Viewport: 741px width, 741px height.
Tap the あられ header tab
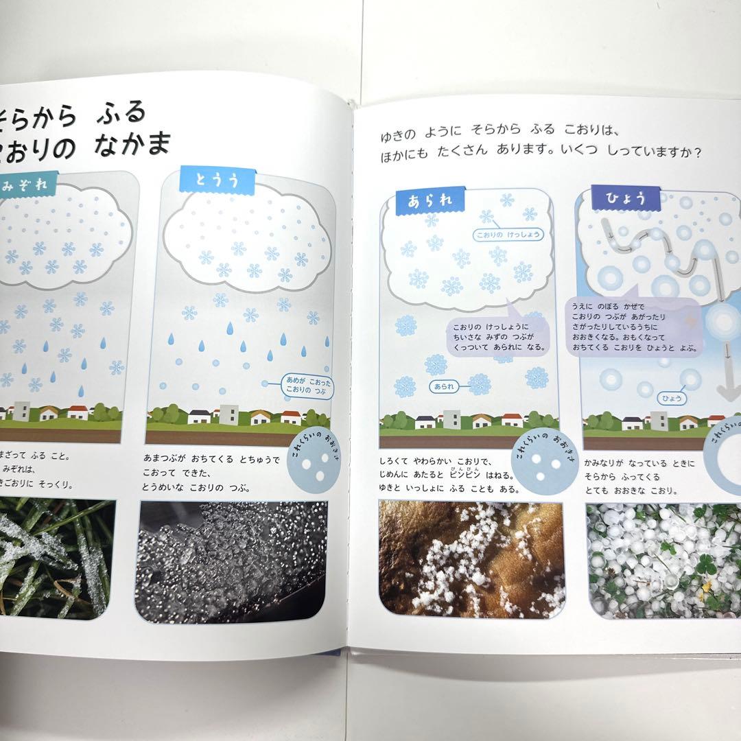432,201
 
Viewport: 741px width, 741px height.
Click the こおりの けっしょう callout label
508,235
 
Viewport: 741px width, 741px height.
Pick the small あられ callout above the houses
444,386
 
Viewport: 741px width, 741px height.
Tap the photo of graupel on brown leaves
471,560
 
